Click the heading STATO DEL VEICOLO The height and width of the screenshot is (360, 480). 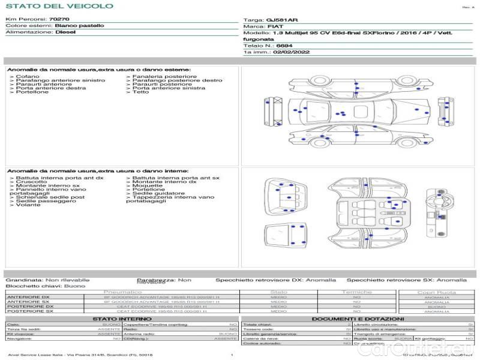coord(59,6)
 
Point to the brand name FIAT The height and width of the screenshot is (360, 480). coord(275,27)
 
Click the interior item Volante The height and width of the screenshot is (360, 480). coord(28,205)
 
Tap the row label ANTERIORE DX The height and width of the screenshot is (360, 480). coord(28,297)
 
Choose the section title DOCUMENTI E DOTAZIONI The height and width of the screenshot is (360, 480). coord(357,319)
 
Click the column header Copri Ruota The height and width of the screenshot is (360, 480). coord(436,292)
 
